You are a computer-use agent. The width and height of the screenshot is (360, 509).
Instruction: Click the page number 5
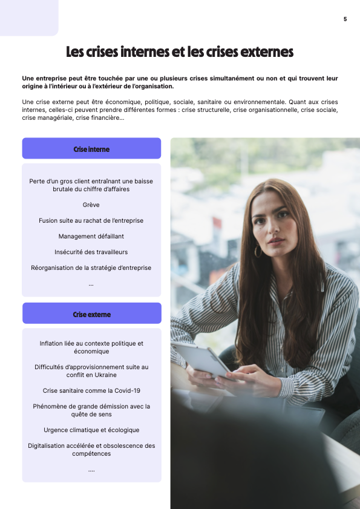(x=345, y=19)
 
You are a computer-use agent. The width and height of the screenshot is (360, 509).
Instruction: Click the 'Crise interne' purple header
(x=91, y=149)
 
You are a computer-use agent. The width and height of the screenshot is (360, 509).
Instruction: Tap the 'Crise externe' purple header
(x=91, y=314)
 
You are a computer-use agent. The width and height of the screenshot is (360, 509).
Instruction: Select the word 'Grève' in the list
(x=91, y=205)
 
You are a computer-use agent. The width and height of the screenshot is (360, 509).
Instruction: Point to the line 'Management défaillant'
(x=91, y=236)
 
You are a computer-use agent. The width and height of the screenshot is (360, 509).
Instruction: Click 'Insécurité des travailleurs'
(x=91, y=252)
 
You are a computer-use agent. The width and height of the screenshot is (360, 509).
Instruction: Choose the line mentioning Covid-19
(x=91, y=390)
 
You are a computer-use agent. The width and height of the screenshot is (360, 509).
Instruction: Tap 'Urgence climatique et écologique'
(x=91, y=430)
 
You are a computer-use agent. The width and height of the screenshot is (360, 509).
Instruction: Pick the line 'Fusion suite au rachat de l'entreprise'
(x=91, y=220)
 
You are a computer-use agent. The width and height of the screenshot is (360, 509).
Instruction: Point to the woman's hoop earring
(x=258, y=251)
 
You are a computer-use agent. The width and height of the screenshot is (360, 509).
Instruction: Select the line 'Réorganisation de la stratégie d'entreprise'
(x=91, y=268)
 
